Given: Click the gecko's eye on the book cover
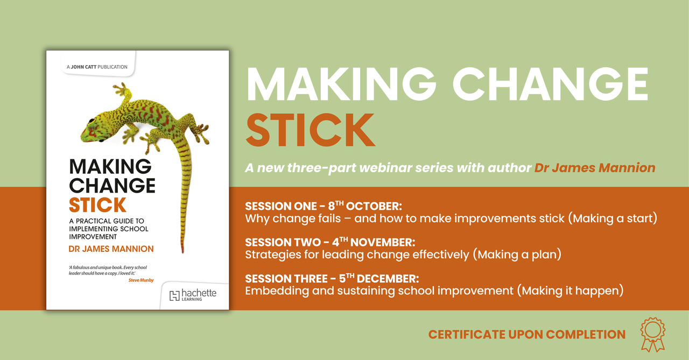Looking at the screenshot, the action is pos(92,121).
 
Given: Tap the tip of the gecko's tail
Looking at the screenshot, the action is pos(183,253).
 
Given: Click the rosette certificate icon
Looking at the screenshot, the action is pos(653,335).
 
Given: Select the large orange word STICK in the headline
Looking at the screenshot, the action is pos(311,130).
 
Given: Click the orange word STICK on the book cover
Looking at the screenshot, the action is pos(97,205).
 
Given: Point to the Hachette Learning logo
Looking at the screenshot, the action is pos(193,295).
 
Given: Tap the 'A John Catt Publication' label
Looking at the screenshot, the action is pos(97,67).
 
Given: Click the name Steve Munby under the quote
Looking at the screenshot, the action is pos(141,280).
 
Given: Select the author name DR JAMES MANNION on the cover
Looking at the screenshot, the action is pos(111,249).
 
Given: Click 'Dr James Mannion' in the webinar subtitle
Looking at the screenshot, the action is pos(595,168).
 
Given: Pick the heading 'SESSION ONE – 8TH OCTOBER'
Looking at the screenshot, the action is pos(324,206).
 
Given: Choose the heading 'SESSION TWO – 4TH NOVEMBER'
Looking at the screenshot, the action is pos(330,242).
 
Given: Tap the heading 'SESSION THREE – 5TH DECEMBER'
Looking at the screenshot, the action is pos(332,279).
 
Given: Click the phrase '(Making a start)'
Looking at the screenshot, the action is pos(613,218).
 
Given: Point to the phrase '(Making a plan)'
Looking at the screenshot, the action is pos(517,255).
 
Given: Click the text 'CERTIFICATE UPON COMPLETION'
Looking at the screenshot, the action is pos(527,335).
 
